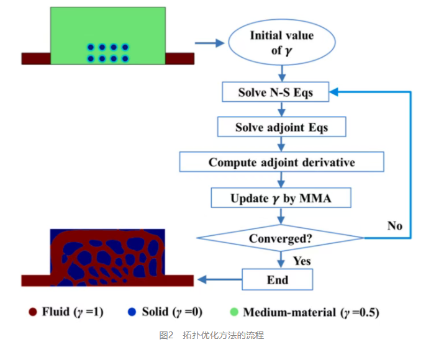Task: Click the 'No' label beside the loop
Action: pos(395,225)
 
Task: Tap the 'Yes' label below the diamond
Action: pos(302,261)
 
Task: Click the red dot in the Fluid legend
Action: pos(33,312)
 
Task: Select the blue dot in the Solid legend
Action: pos(132,312)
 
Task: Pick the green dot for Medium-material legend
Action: pos(234,312)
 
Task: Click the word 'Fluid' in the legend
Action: pos(56,312)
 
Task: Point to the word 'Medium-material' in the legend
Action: pos(289,312)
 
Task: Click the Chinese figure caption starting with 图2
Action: pos(211,335)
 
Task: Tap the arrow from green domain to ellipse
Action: pos(209,43)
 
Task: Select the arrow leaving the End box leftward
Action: pos(220,279)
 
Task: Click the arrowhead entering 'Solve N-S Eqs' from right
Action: pos(333,92)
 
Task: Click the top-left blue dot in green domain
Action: pos(91,47)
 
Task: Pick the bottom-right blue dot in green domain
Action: pos(125,58)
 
